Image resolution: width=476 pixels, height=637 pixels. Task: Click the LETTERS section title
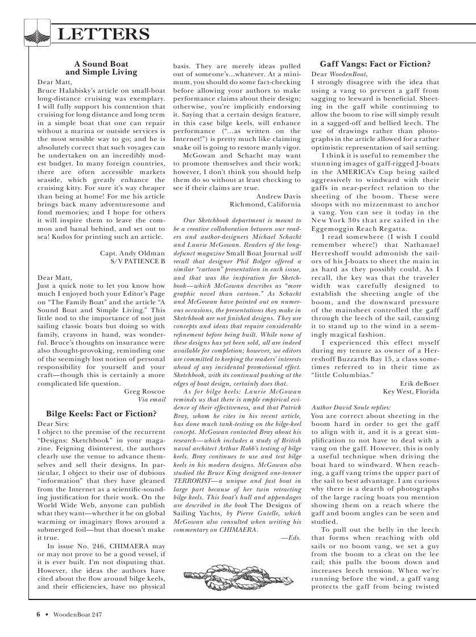104,34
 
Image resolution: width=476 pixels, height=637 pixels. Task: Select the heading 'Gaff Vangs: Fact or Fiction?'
375,64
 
